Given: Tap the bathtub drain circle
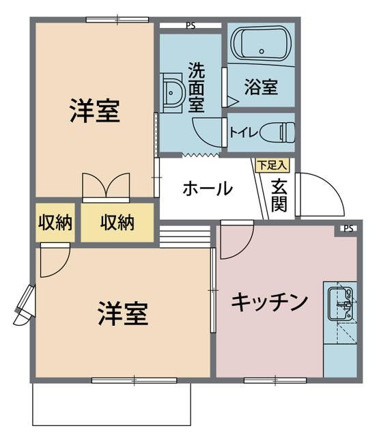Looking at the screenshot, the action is click(x=262, y=51).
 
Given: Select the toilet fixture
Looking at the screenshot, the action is click(x=277, y=132).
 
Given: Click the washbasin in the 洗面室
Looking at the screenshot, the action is click(x=173, y=93).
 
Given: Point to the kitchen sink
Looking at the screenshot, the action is click(x=340, y=304).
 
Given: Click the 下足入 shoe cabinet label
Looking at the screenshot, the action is click(x=272, y=165).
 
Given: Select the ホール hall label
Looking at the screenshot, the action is click(x=208, y=188).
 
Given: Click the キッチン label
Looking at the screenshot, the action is click(x=270, y=302).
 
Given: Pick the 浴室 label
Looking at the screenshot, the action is click(x=261, y=87).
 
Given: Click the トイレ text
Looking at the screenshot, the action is click(x=244, y=132).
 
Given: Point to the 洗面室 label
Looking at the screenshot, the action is click(x=197, y=87).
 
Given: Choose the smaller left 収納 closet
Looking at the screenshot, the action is click(x=55, y=223).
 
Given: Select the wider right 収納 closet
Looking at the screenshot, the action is click(x=117, y=223).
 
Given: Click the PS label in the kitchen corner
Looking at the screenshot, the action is click(x=348, y=229).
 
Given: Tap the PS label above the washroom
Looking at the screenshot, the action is click(x=191, y=26).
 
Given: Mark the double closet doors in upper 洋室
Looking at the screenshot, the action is click(x=106, y=186).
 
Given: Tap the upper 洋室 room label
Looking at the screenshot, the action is click(x=95, y=111).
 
